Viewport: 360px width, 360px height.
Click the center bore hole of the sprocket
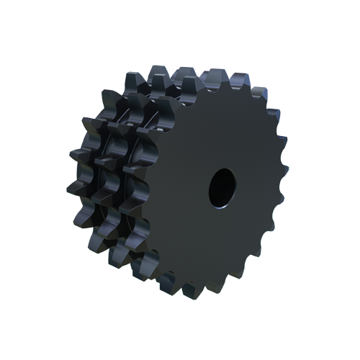(221, 186)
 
